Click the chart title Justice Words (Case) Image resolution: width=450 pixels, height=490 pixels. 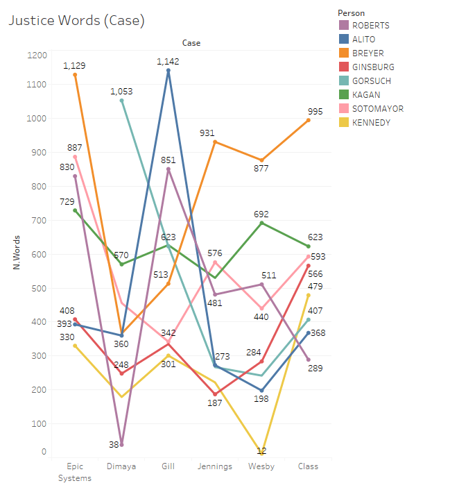pyautogui.click(x=76, y=21)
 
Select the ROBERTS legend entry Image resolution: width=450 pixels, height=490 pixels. pyautogui.click(x=371, y=26)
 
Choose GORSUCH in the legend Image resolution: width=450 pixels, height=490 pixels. pyautogui.click(x=372, y=81)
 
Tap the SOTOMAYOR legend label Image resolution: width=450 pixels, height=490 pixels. pyautogui.click(x=378, y=109)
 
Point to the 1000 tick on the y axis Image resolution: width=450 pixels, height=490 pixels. pyautogui.click(x=37, y=119)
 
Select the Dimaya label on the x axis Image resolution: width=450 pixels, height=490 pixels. pyautogui.click(x=121, y=466)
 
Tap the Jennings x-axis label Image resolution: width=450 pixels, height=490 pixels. pyautogui.click(x=215, y=466)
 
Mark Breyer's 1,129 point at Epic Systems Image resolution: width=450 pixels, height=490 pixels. pyautogui.click(x=75, y=74)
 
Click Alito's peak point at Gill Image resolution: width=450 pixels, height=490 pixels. pyautogui.click(x=168, y=70)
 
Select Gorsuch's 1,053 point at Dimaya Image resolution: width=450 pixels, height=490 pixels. pyautogui.click(x=121, y=101)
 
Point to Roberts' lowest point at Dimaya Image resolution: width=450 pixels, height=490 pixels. pyautogui.click(x=121, y=444)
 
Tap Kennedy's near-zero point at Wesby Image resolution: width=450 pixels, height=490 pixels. pyautogui.click(x=261, y=453)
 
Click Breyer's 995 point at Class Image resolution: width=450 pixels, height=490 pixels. pyautogui.click(x=308, y=120)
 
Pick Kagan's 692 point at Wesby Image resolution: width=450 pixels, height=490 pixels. pyautogui.click(x=261, y=223)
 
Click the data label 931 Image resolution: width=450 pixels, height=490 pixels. pyautogui.click(x=215, y=132)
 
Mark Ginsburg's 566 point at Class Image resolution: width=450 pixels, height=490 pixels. pyautogui.click(x=308, y=266)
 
